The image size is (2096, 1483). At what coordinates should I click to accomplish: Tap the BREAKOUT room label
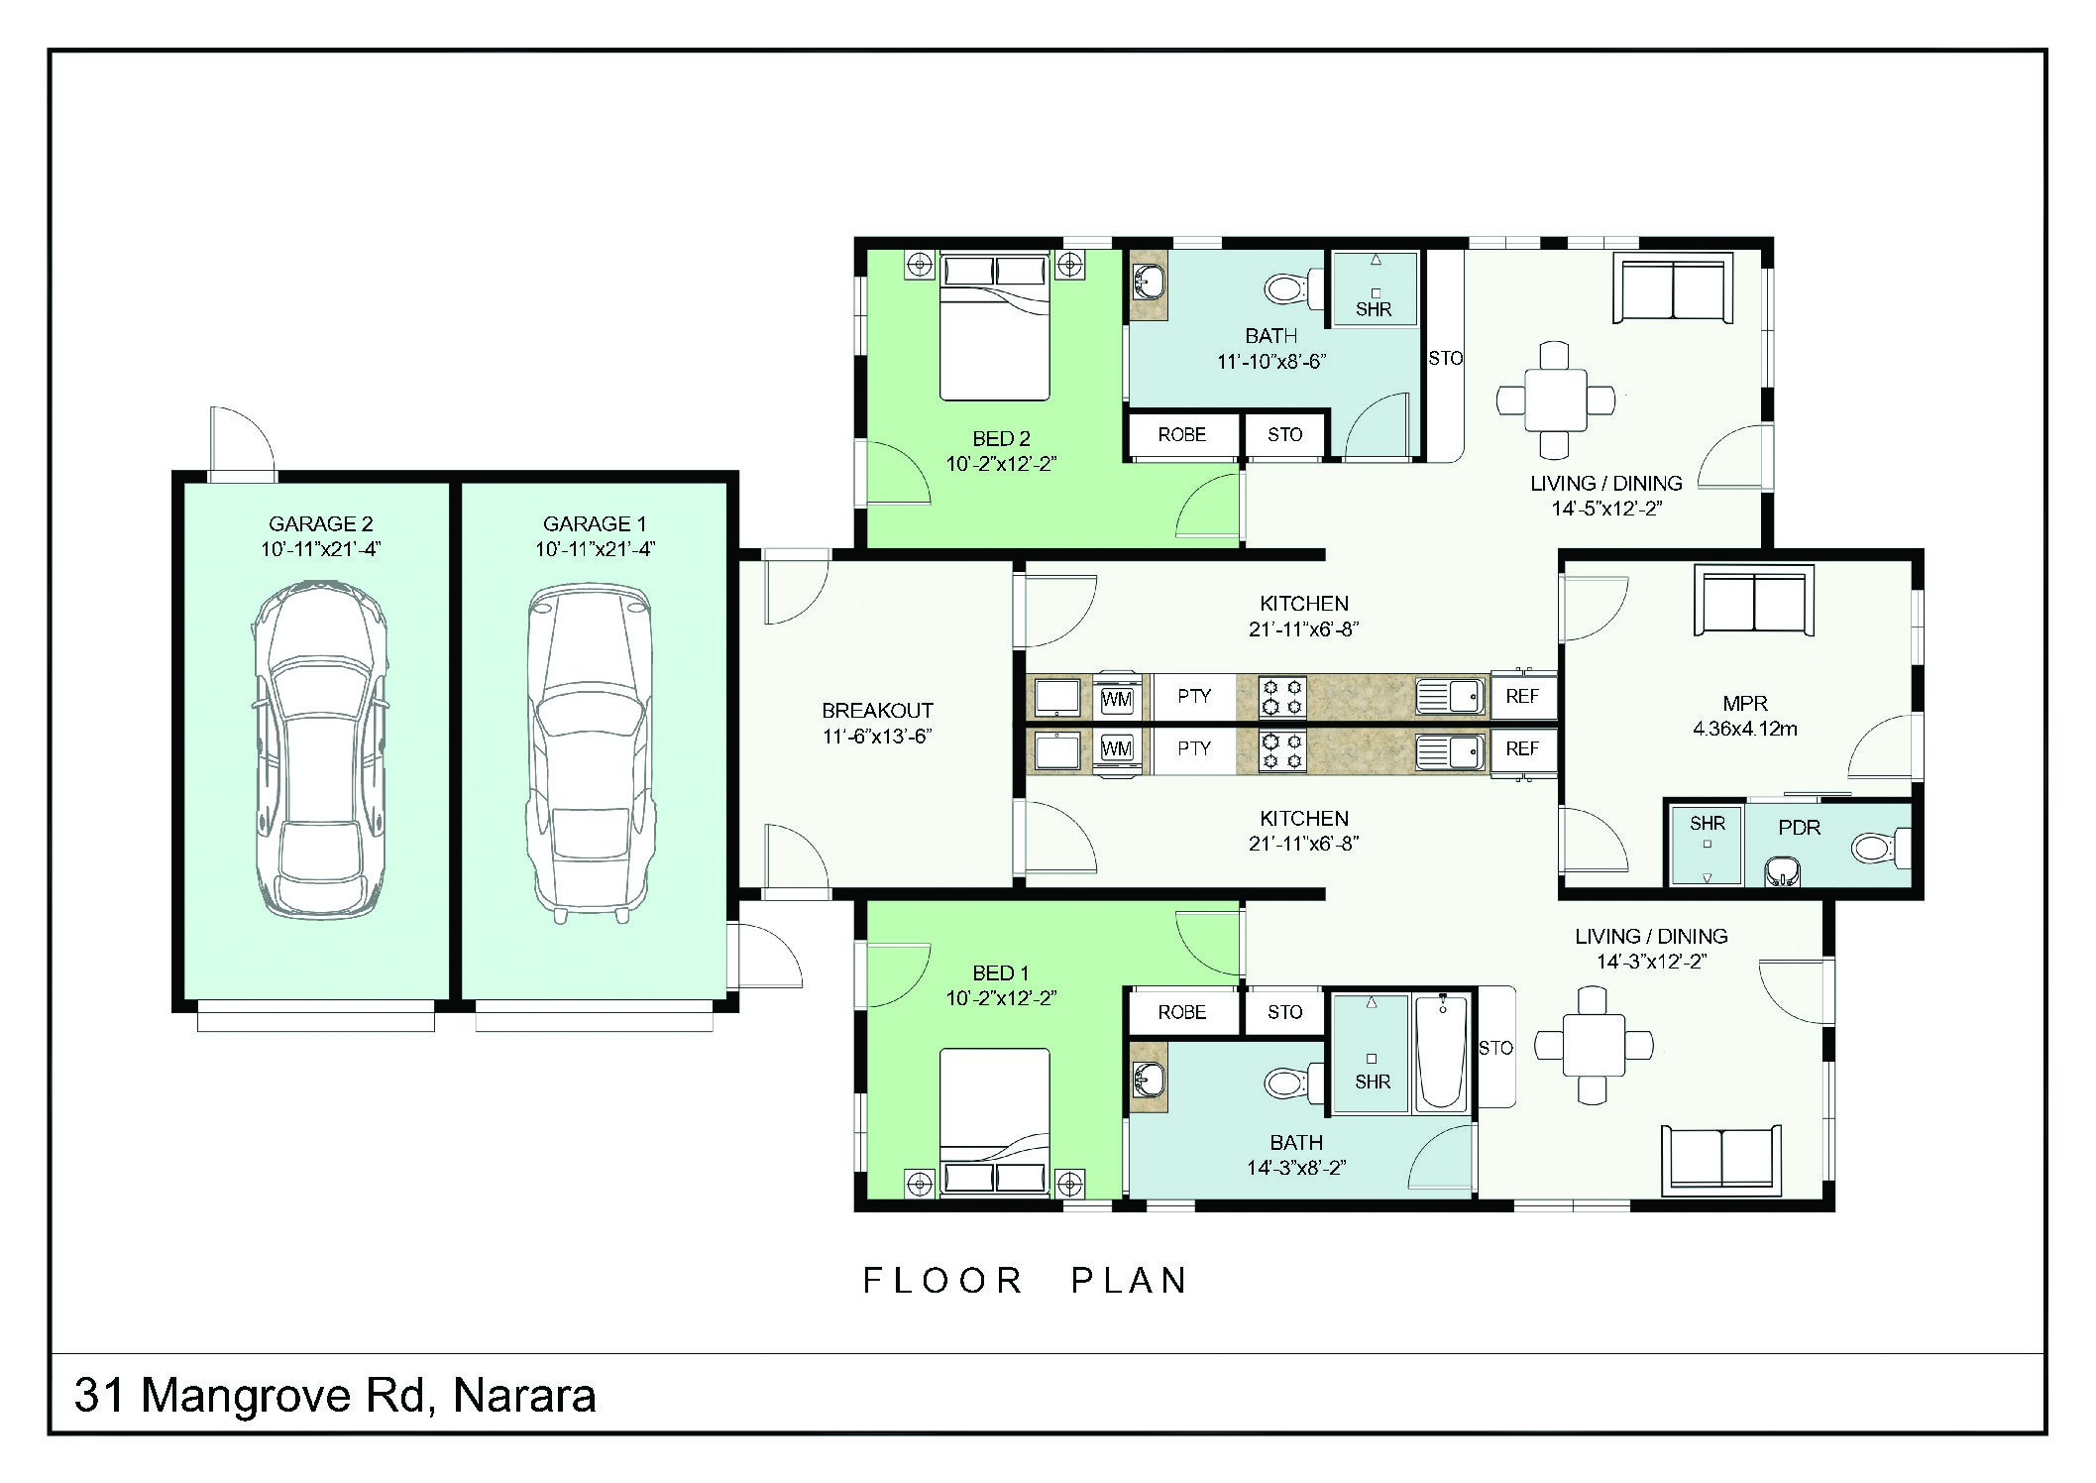877,711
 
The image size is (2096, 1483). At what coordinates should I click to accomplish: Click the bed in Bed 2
994,327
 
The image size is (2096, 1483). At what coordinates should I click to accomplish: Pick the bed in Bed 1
994,1120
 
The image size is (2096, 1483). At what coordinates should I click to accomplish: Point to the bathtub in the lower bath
1441,1054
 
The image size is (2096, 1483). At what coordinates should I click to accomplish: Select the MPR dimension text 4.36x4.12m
1744,729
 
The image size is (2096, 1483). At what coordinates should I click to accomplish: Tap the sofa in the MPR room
1754,601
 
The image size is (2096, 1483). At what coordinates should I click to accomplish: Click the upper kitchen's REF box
1522,696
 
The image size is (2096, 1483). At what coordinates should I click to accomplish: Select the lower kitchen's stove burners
1282,750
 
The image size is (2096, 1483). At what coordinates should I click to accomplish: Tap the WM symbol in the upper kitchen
1117,698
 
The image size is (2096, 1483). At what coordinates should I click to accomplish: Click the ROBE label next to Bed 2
1181,435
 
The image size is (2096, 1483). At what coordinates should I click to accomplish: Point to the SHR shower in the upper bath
1374,287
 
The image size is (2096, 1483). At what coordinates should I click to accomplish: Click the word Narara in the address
524,1396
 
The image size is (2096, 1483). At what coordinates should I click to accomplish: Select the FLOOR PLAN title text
1026,1280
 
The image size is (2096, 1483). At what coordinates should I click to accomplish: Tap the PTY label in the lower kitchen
1194,748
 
